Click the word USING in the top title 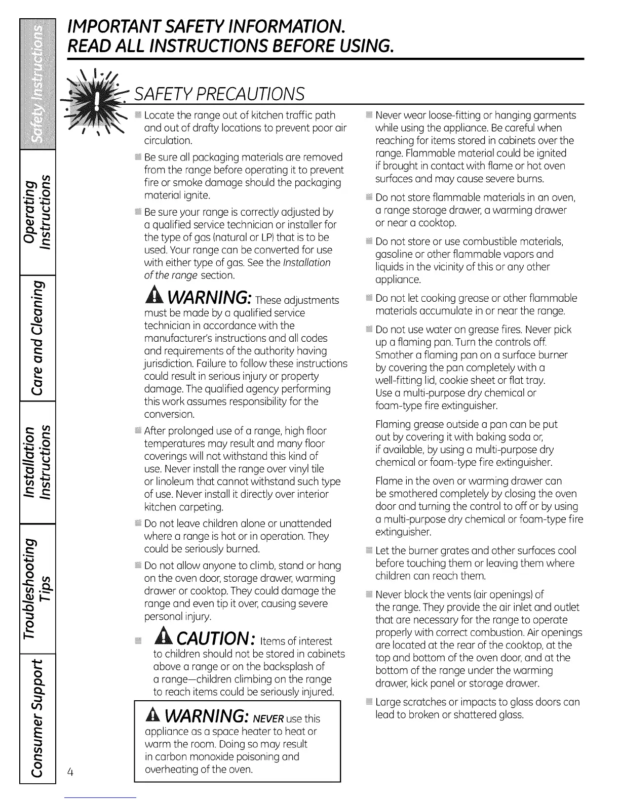[x=364, y=46]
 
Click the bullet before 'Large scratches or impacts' [x=368, y=702]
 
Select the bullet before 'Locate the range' [x=138, y=115]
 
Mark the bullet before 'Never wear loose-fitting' [x=368, y=115]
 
